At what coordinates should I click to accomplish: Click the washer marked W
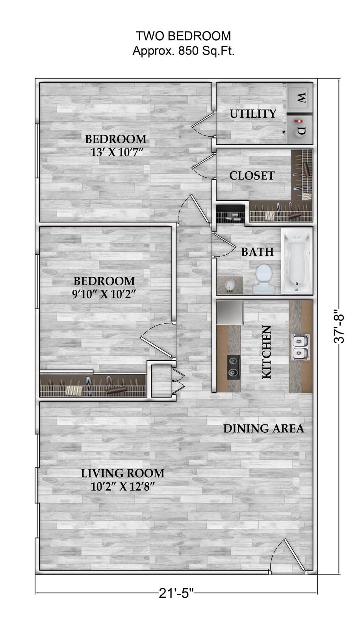300,98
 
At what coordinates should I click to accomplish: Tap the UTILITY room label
253,114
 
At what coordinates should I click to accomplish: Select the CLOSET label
252,176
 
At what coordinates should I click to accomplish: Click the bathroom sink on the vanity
230,285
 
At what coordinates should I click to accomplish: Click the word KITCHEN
267,352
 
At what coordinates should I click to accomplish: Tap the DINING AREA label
264,428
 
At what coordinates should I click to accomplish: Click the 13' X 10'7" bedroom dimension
116,152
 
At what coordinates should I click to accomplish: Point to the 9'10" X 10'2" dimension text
104,294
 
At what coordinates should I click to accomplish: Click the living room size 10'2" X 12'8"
122,487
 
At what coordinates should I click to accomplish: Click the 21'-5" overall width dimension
176,593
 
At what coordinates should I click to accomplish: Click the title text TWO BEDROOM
183,36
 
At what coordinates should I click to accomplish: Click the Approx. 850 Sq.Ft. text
183,51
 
